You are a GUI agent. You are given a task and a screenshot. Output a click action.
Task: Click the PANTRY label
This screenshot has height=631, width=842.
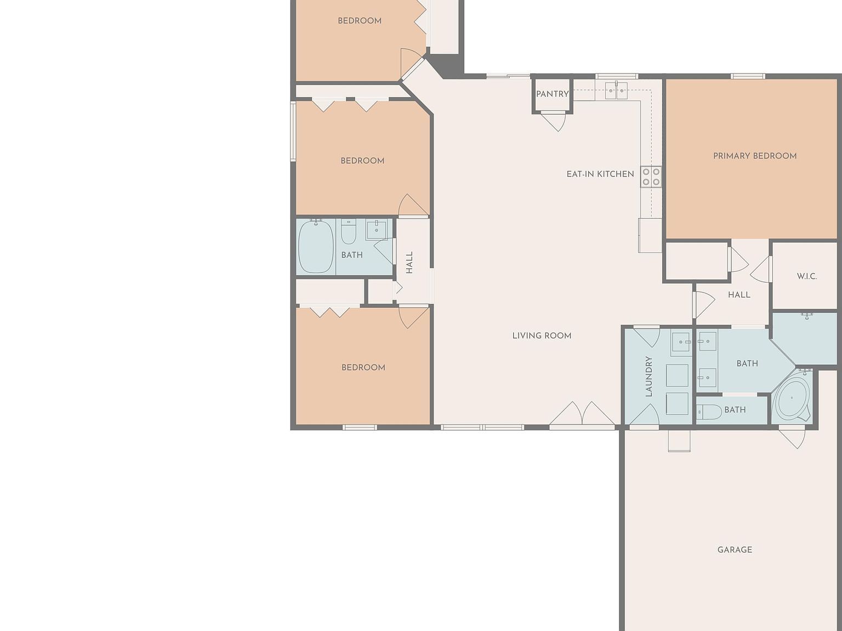pyautogui.click(x=552, y=94)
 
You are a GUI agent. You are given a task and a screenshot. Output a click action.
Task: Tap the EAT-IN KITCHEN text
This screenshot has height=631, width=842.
pyautogui.click(x=600, y=174)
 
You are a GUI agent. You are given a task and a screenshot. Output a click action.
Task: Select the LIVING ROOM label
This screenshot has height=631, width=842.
pyautogui.click(x=542, y=336)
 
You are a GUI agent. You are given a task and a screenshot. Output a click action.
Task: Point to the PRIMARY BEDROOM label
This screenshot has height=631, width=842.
pyautogui.click(x=755, y=156)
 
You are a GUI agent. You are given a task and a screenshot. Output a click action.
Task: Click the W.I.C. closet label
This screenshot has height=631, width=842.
pyautogui.click(x=806, y=277)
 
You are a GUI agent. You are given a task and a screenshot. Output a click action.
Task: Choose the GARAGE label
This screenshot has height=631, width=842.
pyautogui.click(x=735, y=550)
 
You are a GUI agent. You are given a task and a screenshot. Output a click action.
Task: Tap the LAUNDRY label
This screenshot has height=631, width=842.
pyautogui.click(x=649, y=376)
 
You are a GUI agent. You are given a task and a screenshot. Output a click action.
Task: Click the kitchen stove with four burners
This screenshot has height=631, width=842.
pyautogui.click(x=651, y=177)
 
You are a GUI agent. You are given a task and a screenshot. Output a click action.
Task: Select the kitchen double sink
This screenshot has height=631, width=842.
pyautogui.click(x=616, y=91)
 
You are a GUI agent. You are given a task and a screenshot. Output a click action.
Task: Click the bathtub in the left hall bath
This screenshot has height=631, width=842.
pyautogui.click(x=316, y=246)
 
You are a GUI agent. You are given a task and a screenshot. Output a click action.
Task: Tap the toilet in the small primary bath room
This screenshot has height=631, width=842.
pyautogui.click(x=709, y=412)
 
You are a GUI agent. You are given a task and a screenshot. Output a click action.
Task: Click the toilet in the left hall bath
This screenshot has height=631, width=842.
pyautogui.click(x=349, y=232)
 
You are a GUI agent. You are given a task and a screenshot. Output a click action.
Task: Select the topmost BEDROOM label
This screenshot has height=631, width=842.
pyautogui.click(x=360, y=21)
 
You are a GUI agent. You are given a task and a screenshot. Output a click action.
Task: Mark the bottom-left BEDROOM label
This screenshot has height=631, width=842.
pyautogui.click(x=363, y=368)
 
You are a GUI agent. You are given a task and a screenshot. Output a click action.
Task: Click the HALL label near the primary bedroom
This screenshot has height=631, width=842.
pyautogui.click(x=739, y=295)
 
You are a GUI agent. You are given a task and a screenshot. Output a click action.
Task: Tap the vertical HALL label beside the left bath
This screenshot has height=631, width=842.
pyautogui.click(x=409, y=262)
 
